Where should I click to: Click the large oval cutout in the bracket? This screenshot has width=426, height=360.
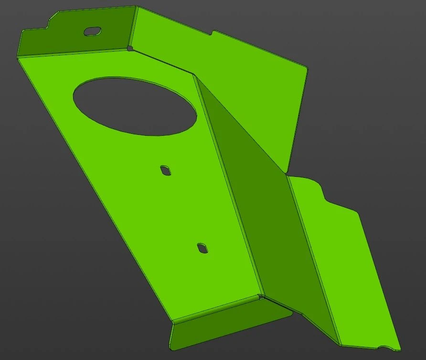(135, 106)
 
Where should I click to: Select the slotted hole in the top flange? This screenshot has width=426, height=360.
(93, 31)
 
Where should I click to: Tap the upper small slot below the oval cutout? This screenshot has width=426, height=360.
(166, 170)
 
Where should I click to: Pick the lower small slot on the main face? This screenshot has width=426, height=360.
(203, 248)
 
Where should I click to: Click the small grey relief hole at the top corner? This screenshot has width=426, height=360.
(130, 48)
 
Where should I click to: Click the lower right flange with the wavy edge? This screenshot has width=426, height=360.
(349, 268)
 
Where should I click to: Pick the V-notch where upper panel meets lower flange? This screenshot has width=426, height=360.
(288, 173)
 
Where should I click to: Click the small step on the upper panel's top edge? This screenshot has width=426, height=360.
(213, 33)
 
